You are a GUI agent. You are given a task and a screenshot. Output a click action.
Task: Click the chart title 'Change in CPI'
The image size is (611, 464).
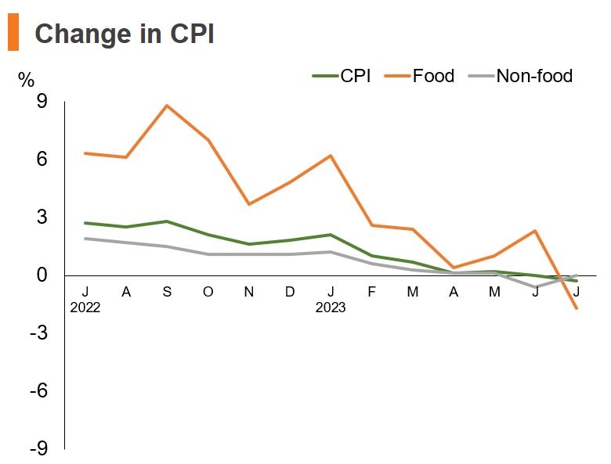pos(125,34)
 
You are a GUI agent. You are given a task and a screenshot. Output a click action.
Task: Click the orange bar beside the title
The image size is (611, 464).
pos(13,34)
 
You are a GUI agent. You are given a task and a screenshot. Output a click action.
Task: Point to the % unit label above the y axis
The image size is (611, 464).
pos(27,79)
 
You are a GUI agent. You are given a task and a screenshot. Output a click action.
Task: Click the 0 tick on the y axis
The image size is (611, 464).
pos(42,275)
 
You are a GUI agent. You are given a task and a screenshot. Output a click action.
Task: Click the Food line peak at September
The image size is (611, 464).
pos(167,106)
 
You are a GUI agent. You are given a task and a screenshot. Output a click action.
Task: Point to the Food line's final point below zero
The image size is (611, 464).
pos(577,308)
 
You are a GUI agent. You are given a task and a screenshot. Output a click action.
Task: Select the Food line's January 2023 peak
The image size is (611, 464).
pos(331,156)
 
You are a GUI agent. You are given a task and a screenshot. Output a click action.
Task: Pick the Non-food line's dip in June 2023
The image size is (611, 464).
pos(536,287)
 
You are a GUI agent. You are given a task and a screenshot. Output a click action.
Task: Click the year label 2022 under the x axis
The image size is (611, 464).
pos(85,308)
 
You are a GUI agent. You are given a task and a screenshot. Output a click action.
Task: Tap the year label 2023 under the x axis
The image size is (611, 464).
pos(331,308)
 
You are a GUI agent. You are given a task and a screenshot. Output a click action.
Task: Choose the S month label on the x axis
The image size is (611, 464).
pos(167,292)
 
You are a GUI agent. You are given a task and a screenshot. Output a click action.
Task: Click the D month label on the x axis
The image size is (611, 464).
pos(290,292)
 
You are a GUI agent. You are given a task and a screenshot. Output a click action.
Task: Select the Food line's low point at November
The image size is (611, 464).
pos(249,204)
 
